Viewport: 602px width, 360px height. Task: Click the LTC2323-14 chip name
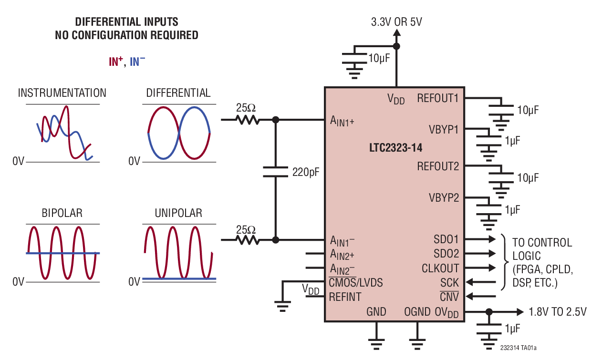395,148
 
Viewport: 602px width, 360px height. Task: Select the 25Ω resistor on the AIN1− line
246,240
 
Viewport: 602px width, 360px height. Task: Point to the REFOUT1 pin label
437,98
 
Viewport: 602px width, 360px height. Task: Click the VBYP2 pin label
444,197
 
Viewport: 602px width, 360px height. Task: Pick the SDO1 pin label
446,239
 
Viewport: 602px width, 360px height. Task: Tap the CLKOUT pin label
440,268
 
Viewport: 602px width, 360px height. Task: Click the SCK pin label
449,283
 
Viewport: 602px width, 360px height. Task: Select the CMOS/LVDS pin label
356,283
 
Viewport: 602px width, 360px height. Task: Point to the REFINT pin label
345,297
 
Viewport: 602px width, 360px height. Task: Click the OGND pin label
417,312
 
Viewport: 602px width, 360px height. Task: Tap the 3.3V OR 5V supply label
396,22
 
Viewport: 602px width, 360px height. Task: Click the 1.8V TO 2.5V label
558,312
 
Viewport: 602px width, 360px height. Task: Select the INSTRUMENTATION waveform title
62,93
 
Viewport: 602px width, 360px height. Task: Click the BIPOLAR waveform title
62,213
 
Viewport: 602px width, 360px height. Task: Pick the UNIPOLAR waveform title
178,213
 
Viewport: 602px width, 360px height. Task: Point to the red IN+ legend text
116,61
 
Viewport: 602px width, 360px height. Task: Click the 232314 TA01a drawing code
521,348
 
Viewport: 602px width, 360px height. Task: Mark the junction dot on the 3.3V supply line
396,46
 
